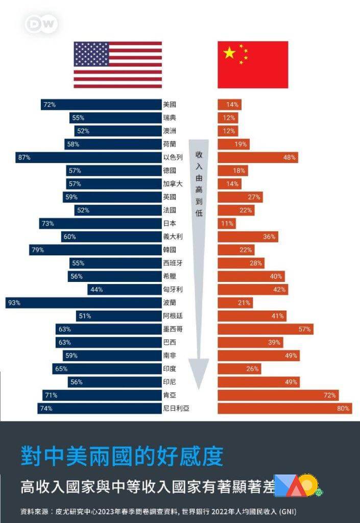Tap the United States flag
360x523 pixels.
tap(117, 65)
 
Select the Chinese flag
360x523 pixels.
tap(253, 65)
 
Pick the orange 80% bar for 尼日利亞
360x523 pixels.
tap(284, 409)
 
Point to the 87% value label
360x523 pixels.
tap(24, 157)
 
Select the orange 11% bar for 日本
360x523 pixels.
tap(226, 224)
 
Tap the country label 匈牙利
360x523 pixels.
tap(173, 290)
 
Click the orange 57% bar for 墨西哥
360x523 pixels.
tap(265, 329)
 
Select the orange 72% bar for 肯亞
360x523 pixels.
tap(278, 395)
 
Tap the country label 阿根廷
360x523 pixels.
tap(173, 316)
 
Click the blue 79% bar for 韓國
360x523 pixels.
tap(95, 250)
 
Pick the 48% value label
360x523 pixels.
tap(290, 157)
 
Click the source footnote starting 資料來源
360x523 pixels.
tap(158, 511)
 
